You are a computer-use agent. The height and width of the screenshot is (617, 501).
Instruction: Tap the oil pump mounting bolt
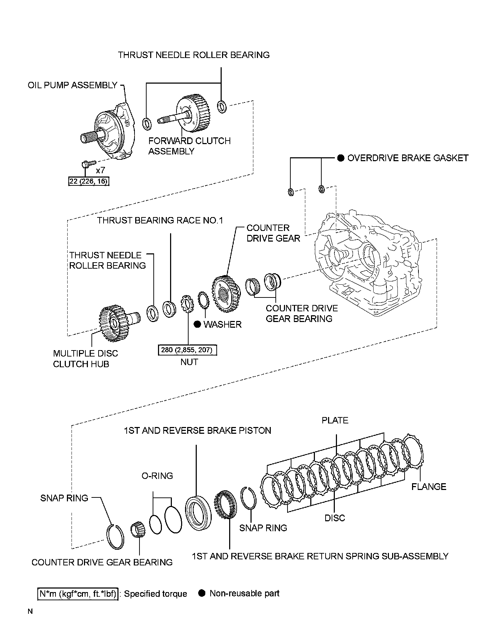click(86, 164)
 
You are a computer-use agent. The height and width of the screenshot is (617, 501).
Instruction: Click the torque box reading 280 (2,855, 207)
click(187, 350)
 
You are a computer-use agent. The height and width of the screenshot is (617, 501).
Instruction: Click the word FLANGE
click(428, 486)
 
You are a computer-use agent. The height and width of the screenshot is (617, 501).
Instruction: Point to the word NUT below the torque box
click(189, 362)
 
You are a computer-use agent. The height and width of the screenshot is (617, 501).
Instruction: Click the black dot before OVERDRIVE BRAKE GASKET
click(341, 158)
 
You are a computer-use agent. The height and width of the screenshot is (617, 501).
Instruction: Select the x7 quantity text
click(100, 170)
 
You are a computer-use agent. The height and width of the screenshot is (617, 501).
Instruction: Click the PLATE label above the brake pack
click(335, 420)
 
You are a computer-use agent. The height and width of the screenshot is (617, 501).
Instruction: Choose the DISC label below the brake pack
click(334, 518)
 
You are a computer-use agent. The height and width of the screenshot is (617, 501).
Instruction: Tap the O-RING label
click(157, 476)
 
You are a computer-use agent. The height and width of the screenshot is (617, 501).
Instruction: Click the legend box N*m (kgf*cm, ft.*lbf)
click(78, 594)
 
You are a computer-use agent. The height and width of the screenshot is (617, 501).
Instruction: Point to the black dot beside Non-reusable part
click(202, 593)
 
